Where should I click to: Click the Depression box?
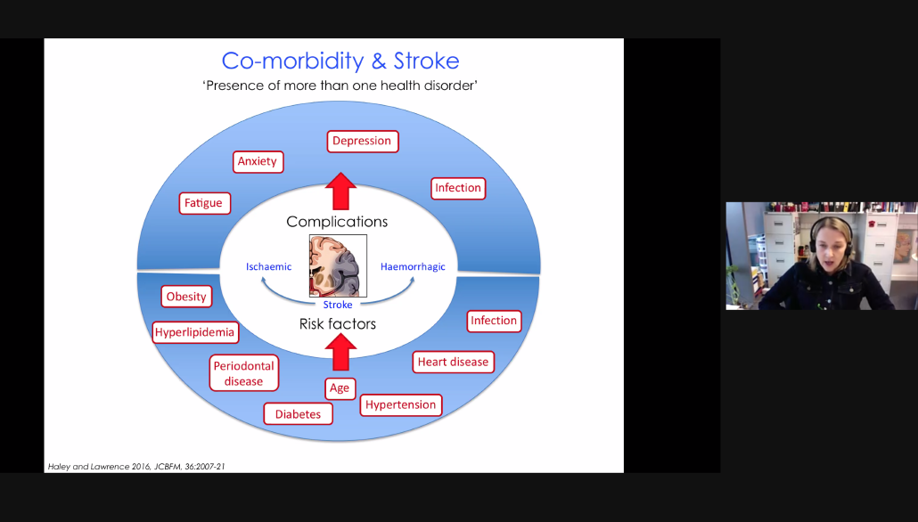[363, 141]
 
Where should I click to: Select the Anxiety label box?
[258, 161]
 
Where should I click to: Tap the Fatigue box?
[204, 203]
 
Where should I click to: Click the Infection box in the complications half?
[458, 188]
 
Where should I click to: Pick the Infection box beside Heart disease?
[494, 321]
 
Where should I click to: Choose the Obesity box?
[186, 297]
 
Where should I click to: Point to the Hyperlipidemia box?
[195, 332]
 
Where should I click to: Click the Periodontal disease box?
[243, 373]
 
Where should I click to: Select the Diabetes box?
[298, 414]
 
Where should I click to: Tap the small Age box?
[340, 388]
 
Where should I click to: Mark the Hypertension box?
[400, 405]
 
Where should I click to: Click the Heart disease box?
[453, 363]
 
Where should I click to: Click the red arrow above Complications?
[340, 192]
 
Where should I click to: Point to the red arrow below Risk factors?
[340, 352]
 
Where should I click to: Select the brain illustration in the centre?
[338, 265]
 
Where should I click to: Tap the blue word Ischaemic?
[269, 267]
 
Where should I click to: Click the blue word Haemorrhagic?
[413, 267]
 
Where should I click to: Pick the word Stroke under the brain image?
[338, 305]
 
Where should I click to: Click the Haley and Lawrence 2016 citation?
[136, 467]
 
